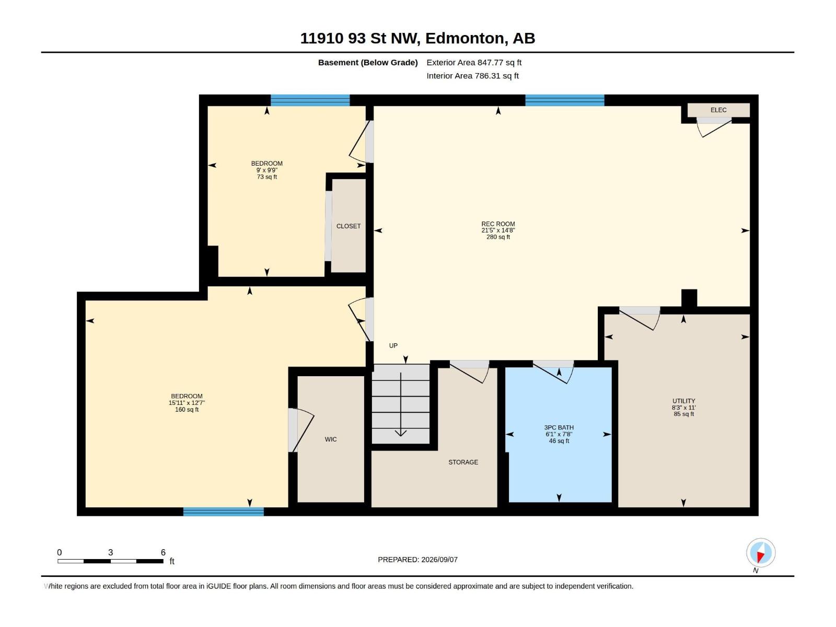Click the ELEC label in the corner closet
(718, 110)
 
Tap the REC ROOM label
(498, 224)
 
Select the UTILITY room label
(683, 401)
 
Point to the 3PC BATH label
(559, 427)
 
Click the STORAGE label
(463, 462)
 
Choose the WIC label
(331, 439)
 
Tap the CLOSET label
(349, 226)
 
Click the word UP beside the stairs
(393, 346)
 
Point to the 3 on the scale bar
(110, 552)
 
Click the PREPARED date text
(418, 560)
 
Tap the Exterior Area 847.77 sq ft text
(474, 62)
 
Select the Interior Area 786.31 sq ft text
(473, 76)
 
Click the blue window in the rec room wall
(564, 100)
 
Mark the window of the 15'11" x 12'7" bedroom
(224, 512)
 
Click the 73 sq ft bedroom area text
(267, 177)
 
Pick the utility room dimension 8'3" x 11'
(683, 408)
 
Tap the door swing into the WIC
(303, 430)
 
